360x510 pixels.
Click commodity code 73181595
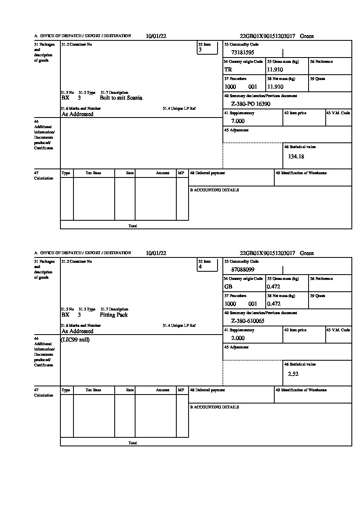click(242, 52)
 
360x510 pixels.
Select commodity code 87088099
click(242, 269)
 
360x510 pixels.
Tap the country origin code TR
click(228, 69)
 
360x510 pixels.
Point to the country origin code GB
click(228, 286)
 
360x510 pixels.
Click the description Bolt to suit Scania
click(121, 98)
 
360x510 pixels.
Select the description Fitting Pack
click(113, 315)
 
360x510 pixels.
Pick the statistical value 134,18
click(296, 156)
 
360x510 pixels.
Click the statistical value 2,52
click(293, 373)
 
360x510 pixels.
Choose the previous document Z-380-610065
click(247, 321)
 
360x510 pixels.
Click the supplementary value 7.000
click(238, 121)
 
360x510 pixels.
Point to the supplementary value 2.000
click(238, 338)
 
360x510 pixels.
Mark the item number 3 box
click(207, 48)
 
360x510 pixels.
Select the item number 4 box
click(207, 265)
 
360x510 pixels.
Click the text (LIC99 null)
click(75, 339)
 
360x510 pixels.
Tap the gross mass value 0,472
click(273, 286)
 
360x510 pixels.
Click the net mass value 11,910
click(275, 86)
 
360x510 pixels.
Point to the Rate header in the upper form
click(130, 173)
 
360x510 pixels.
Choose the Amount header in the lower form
click(162, 390)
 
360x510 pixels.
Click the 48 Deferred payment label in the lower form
click(207, 390)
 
